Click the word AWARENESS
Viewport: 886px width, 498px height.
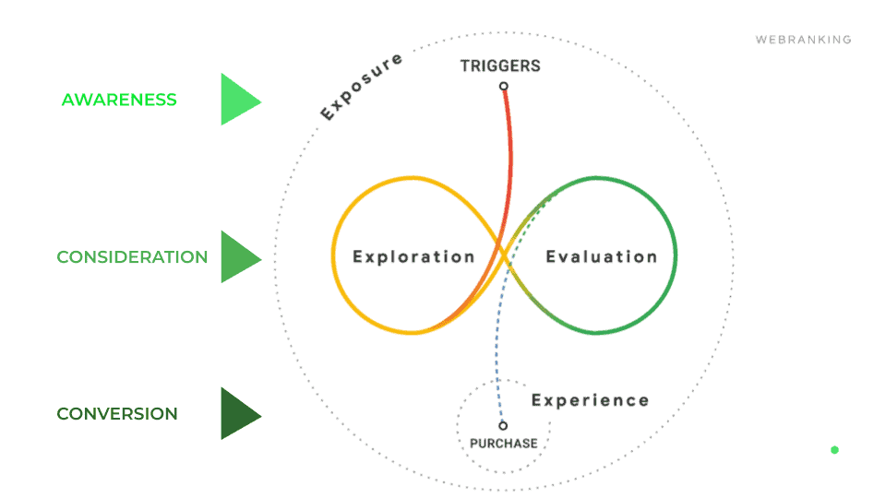[x=119, y=100]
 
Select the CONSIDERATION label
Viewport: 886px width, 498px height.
[x=132, y=257]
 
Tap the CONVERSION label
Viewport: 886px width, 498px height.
[x=117, y=414]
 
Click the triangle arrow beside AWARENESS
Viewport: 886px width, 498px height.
[x=238, y=100]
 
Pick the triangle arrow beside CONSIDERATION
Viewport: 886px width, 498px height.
[x=238, y=257]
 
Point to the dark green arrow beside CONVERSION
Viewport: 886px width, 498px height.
[x=238, y=414]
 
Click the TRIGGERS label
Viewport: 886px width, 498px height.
[x=500, y=66]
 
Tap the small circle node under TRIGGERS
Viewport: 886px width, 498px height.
[x=504, y=87]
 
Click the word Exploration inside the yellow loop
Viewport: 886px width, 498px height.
[x=413, y=256]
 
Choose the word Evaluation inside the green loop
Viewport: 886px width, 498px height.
[x=601, y=256]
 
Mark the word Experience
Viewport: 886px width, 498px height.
[x=590, y=400]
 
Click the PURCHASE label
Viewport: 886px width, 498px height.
[x=503, y=444]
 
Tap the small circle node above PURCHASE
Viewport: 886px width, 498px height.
[x=503, y=426]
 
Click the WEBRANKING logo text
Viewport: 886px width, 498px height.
[x=803, y=40]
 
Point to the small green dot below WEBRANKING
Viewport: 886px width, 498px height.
[x=834, y=450]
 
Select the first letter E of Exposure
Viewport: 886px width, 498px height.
[x=327, y=115]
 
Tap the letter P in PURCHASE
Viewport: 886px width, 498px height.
[x=474, y=444]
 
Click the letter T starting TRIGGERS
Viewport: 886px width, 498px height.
[x=465, y=66]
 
